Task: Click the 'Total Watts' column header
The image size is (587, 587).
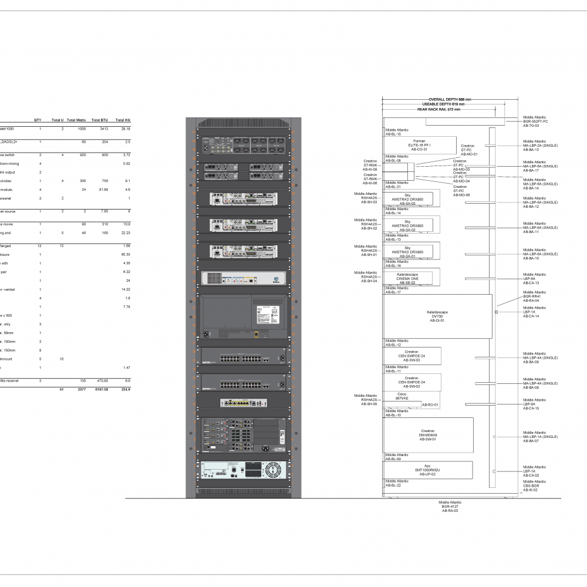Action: (x=76, y=120)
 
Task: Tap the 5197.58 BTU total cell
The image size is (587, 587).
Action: (x=99, y=389)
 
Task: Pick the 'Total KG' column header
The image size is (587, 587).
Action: (x=123, y=120)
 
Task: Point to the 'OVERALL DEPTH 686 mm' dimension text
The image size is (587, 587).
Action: (x=450, y=100)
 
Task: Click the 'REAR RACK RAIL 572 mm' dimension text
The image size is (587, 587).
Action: (x=438, y=109)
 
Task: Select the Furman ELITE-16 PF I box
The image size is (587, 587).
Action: (x=419, y=145)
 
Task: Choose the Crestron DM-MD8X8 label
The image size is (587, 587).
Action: (x=427, y=435)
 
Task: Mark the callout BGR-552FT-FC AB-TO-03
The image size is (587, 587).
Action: (x=535, y=122)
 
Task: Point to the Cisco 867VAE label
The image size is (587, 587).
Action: (x=402, y=397)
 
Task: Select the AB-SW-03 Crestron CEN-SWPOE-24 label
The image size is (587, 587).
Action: (x=411, y=356)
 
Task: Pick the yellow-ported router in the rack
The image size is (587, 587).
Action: (x=242, y=402)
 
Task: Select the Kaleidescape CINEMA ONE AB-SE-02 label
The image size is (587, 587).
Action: (x=408, y=278)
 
